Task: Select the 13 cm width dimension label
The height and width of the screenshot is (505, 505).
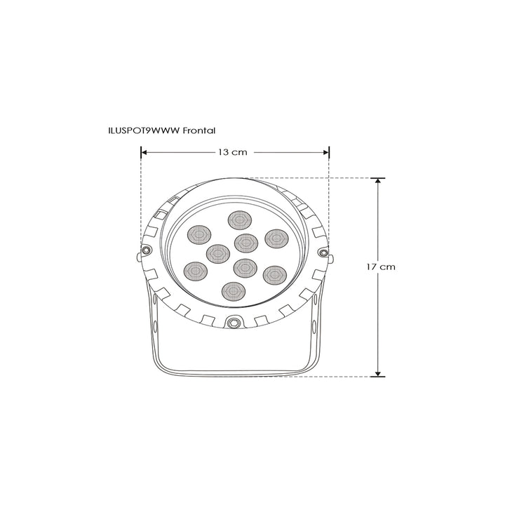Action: (x=231, y=152)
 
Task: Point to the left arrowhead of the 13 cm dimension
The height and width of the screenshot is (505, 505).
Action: (x=143, y=151)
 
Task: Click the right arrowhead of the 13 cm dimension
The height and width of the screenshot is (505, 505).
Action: (x=327, y=151)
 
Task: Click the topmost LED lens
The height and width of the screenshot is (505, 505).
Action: (x=238, y=219)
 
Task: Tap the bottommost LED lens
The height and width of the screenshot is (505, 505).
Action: (x=232, y=290)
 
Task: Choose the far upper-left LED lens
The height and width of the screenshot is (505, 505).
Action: (x=201, y=235)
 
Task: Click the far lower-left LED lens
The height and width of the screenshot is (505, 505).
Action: (x=195, y=271)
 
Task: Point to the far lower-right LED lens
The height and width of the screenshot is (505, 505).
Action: (x=274, y=274)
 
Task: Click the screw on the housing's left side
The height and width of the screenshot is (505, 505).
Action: (x=147, y=251)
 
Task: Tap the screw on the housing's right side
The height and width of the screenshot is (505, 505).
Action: (x=323, y=252)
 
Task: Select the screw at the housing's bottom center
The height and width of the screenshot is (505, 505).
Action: (x=233, y=323)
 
